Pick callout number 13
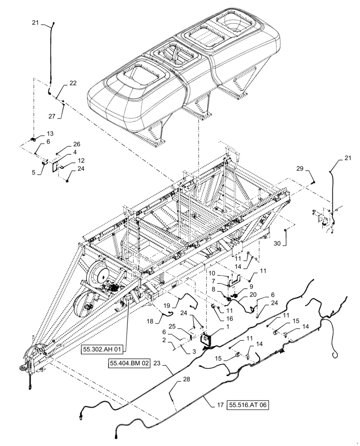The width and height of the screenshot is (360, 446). click(x=49, y=133)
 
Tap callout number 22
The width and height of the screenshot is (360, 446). click(x=72, y=83)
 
